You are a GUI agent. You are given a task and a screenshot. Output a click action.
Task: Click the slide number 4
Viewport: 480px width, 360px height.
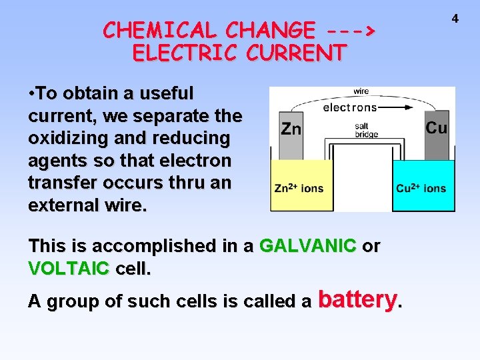pyautogui.click(x=455, y=19)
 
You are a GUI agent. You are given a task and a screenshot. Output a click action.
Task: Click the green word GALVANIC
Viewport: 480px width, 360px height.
pyautogui.click(x=307, y=246)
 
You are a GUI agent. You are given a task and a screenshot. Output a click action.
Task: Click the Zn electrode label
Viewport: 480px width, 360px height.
pyautogui.click(x=291, y=128)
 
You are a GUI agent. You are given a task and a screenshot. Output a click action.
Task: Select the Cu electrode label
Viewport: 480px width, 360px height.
pyautogui.click(x=436, y=127)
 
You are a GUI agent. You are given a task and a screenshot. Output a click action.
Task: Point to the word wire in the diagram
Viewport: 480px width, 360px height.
pyautogui.click(x=361, y=92)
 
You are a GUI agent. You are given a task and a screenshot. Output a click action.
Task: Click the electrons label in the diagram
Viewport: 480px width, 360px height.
pyautogui.click(x=349, y=107)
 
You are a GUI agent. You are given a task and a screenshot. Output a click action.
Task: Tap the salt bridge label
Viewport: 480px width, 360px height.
pyautogui.click(x=365, y=130)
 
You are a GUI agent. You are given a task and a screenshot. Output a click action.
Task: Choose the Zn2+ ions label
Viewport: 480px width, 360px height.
pyautogui.click(x=299, y=189)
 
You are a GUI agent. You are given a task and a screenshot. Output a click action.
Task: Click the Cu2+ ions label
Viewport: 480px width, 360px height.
pyautogui.click(x=421, y=189)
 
